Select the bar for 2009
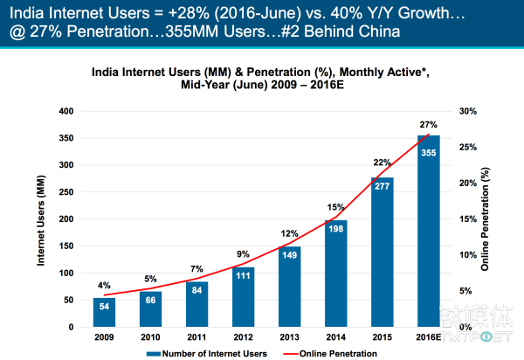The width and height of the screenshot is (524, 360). point(104,312)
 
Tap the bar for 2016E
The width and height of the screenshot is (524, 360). point(429,232)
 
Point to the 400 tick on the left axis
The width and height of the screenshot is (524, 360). point(65,111)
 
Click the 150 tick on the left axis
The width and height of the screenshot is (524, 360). point(65,246)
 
